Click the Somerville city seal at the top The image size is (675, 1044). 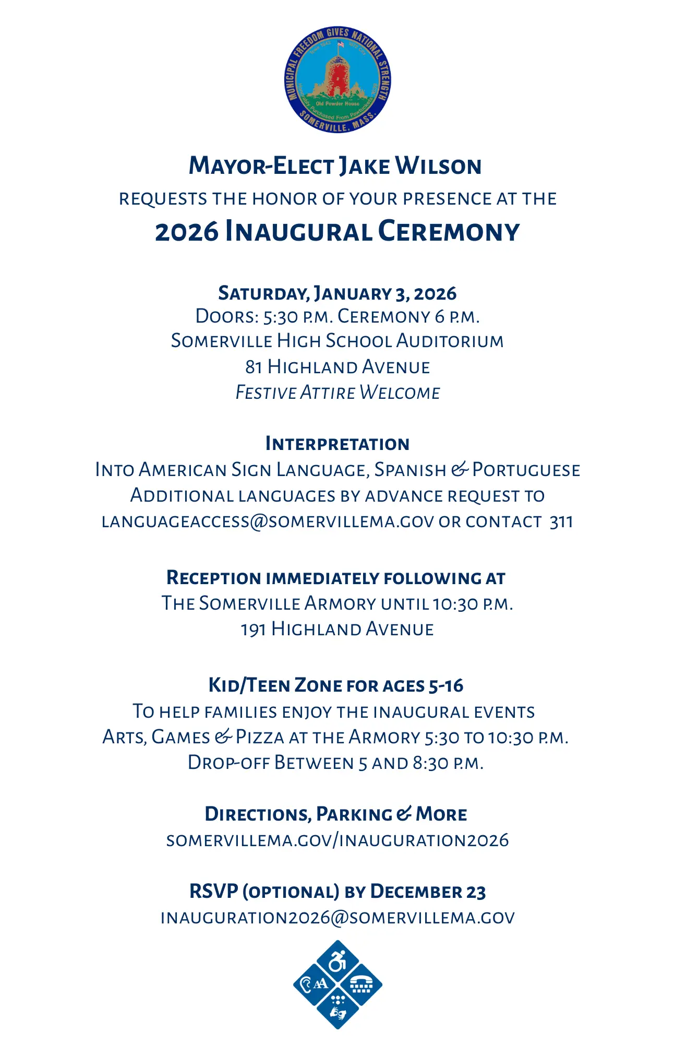coord(337,79)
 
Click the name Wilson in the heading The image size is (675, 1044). coord(438,166)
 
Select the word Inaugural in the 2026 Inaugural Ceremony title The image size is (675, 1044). coord(298,232)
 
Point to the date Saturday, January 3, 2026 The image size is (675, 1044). coord(337,293)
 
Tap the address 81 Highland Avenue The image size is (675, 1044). coord(337,367)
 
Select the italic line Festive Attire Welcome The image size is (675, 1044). coord(337,393)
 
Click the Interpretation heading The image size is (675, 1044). coord(337,444)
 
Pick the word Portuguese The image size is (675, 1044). coord(526,470)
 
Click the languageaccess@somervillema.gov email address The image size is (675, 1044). coord(268,521)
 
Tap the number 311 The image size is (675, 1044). coord(561,521)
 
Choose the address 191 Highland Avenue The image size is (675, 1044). coord(337,629)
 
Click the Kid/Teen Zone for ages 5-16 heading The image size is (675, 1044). coord(336,685)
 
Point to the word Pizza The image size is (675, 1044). coord(260,737)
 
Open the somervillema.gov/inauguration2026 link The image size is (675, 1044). coord(337,840)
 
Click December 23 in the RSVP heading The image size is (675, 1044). coord(428,892)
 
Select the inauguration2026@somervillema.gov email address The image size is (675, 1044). coord(337,918)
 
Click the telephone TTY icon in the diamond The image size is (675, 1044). coord(361,985)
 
